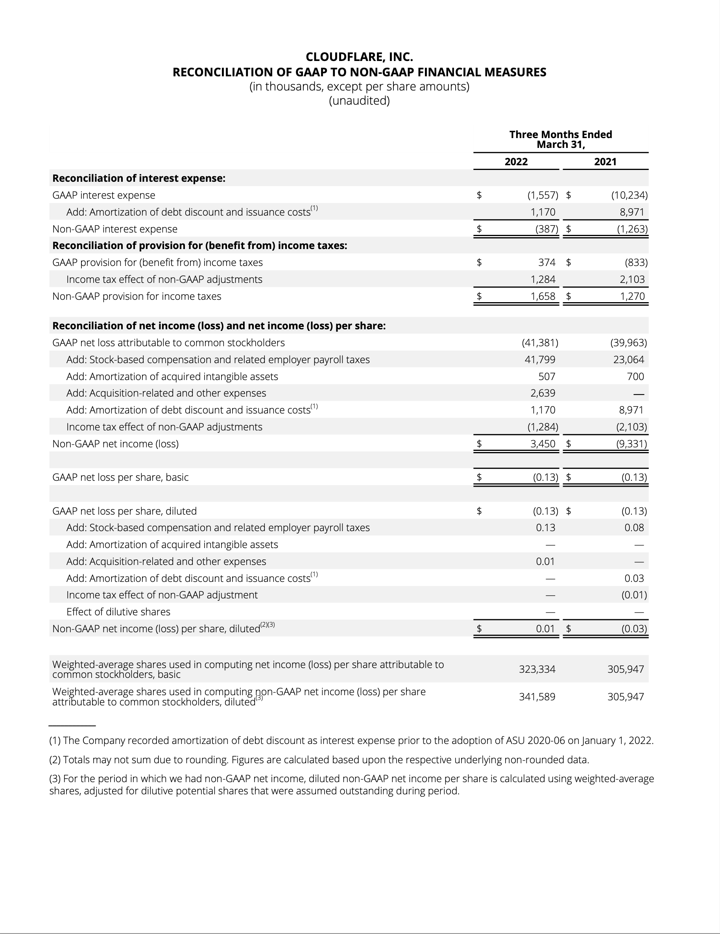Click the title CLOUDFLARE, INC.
tap(359, 57)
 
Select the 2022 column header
tap(516, 162)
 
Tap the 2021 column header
tap(605, 162)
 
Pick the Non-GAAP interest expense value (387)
tap(546, 229)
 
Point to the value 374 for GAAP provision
tap(547, 262)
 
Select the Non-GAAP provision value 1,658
tap(543, 296)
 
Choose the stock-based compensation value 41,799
tap(539, 360)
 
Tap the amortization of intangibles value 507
tap(546, 377)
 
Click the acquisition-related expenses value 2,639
tap(543, 393)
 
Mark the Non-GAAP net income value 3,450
tap(543, 444)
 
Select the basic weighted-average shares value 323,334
tap(537, 669)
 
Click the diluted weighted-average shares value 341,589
tap(537, 697)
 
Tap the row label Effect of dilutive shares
tap(118, 612)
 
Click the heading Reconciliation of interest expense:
tap(138, 178)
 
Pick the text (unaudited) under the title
tap(359, 101)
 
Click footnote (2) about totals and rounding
tap(319, 760)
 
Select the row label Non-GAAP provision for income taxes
tap(137, 296)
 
